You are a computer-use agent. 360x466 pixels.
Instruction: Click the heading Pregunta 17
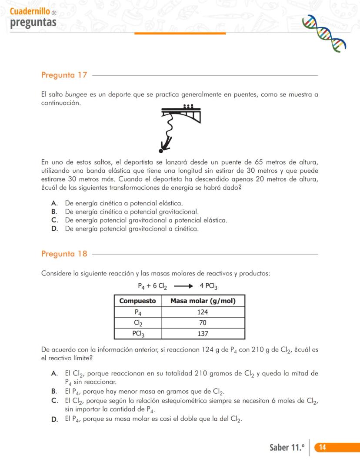coord(64,75)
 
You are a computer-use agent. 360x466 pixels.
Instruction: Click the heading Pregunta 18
coord(64,254)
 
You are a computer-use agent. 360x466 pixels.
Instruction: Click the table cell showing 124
coord(203,312)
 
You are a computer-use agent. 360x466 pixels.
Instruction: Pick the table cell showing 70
coord(203,323)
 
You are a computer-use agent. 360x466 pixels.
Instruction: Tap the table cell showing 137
coord(203,334)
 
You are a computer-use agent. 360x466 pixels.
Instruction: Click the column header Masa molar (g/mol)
coord(203,301)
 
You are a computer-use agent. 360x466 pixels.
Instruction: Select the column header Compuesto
coord(137,301)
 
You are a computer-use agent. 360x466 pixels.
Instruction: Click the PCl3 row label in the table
coord(137,334)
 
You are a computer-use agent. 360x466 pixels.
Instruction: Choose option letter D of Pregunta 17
coord(54,229)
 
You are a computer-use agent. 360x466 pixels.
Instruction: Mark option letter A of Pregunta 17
coord(54,203)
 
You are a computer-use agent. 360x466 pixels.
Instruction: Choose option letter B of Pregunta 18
coord(54,391)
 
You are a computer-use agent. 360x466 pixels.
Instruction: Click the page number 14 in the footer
coord(323,447)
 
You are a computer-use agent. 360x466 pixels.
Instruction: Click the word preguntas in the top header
coord(33,22)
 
